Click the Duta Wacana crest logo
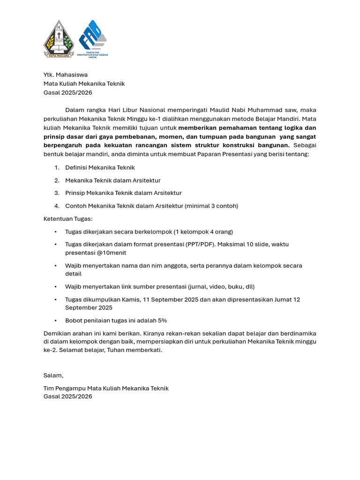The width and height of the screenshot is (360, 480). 59,39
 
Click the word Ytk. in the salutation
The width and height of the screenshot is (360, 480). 49,75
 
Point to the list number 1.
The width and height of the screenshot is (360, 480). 57,167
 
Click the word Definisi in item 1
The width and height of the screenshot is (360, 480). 76,167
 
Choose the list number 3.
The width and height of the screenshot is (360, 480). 57,193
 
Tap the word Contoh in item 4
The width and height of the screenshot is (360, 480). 76,206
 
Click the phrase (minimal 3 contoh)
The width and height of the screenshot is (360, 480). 211,206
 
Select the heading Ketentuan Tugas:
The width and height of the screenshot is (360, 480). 68,218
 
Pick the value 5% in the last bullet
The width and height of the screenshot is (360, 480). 162,321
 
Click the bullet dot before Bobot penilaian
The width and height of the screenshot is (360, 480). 55,321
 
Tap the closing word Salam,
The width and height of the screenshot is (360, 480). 53,375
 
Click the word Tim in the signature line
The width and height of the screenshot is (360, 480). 48,388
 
